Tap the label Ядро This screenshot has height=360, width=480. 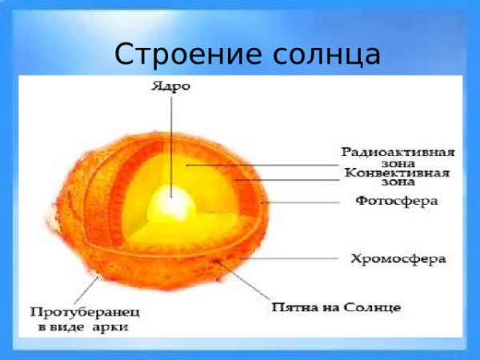coord(170,86)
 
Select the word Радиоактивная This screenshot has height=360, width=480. coord(398,151)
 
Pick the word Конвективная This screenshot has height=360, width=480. coord(397,172)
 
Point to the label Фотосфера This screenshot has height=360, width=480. coord(397,202)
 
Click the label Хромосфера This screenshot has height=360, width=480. coord(398,258)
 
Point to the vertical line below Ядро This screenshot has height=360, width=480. coord(170,136)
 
